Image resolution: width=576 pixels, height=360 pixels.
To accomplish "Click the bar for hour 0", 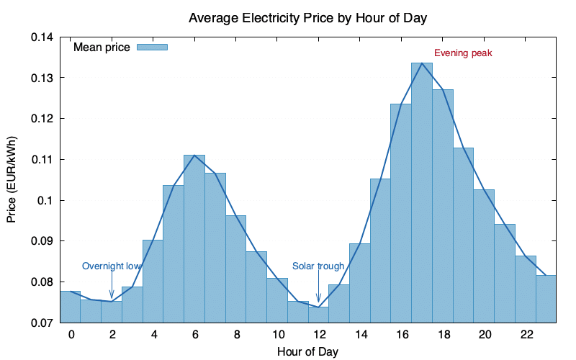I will click(x=70, y=307).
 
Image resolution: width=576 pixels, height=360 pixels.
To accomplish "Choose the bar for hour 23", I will click(x=546, y=299).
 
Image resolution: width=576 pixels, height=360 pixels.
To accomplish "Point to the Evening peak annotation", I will click(x=462, y=53).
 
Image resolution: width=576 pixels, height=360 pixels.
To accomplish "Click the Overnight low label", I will click(x=111, y=266).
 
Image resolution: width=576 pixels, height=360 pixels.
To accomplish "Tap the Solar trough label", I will click(x=318, y=266).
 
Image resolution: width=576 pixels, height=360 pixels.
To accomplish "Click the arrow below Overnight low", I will click(x=112, y=287).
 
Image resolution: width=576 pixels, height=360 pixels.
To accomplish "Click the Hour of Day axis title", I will click(x=307, y=351).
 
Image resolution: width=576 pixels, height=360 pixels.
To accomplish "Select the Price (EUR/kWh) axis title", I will click(x=12, y=179).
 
